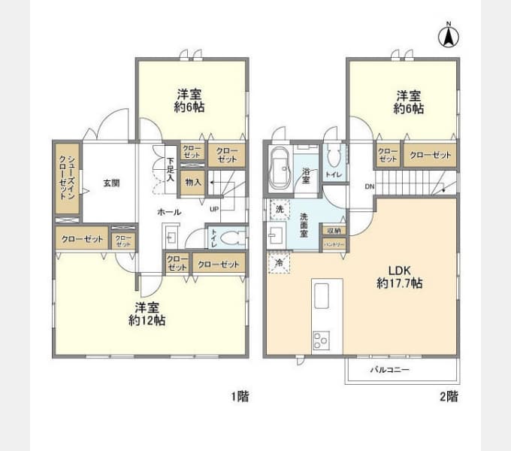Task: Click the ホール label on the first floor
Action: tap(168, 213)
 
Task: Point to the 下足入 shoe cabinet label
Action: tap(171, 170)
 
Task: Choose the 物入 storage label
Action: tap(192, 181)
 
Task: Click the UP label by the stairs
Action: tap(214, 208)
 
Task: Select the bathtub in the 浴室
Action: tap(279, 171)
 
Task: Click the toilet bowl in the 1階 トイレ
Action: tap(234, 238)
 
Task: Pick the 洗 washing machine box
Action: tap(280, 208)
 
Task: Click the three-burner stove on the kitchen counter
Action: tap(320, 340)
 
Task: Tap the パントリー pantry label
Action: tap(334, 244)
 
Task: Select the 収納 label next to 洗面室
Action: tap(334, 231)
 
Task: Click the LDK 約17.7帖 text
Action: tap(398, 277)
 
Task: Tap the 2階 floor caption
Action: tap(449, 396)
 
